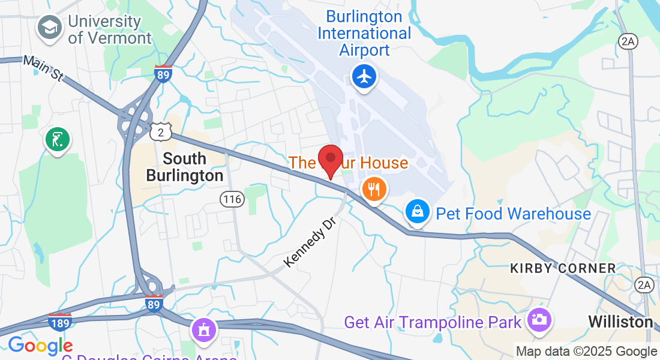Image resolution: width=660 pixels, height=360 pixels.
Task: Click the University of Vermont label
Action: [109, 29]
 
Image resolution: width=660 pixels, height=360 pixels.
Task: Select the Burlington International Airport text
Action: [364, 33]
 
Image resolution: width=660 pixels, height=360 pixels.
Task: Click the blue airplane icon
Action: [364, 77]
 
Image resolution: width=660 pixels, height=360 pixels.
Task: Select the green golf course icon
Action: [57, 139]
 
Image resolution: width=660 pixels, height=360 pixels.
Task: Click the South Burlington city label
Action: [185, 167]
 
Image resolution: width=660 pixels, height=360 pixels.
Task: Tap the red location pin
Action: [330, 160]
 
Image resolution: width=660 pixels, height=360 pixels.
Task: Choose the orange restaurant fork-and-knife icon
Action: [374, 190]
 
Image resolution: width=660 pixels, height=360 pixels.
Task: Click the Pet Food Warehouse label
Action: [513, 214]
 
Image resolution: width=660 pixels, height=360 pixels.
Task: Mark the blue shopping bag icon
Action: [417, 211]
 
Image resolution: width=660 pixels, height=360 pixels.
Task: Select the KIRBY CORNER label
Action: [563, 268]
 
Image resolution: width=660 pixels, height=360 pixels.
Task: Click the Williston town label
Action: [620, 322]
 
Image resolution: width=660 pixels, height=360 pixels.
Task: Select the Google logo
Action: [40, 346]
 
